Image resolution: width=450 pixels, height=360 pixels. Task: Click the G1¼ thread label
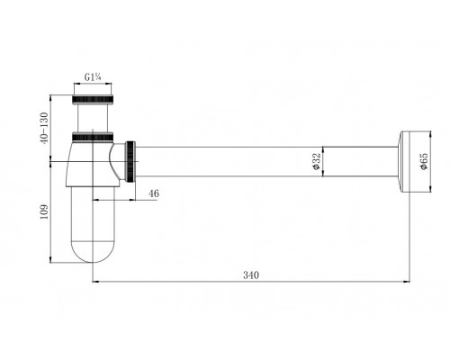[93, 76]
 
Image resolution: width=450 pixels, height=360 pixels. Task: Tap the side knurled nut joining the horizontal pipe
[134, 161]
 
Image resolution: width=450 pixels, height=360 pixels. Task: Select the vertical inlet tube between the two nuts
[93, 115]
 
